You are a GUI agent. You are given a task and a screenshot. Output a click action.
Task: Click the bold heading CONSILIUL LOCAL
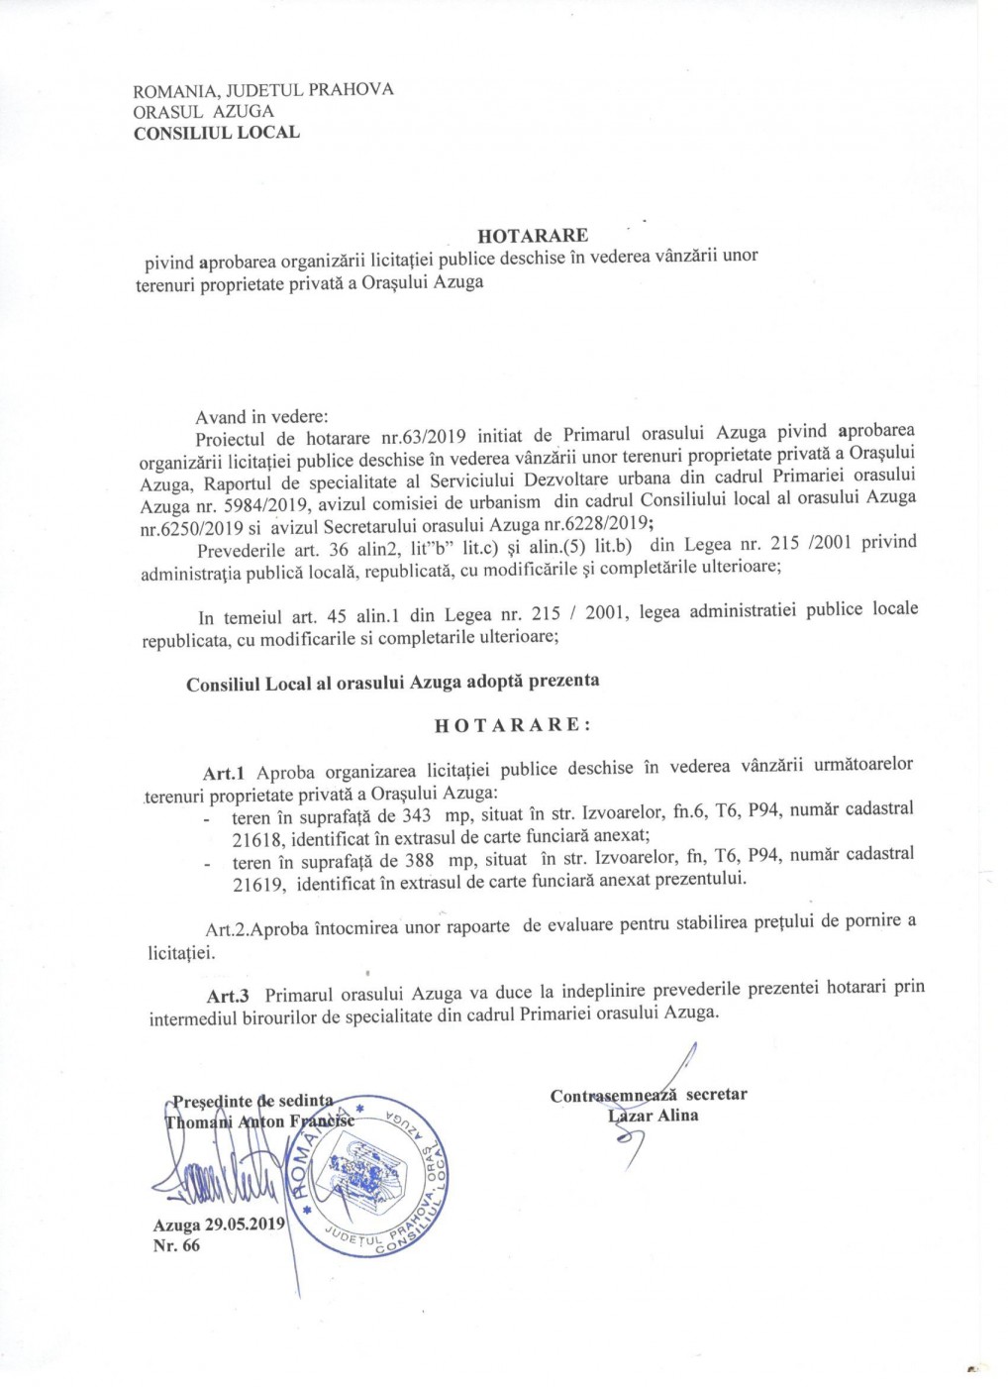tap(216, 133)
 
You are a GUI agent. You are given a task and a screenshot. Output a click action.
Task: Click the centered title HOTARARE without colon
tap(533, 235)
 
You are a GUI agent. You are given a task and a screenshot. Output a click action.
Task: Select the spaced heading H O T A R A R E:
tap(513, 725)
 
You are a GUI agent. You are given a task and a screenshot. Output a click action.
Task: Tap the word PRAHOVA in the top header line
tap(352, 89)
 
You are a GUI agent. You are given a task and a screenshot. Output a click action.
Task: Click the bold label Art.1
tap(224, 773)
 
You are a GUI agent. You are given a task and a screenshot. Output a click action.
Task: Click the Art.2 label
tap(226, 929)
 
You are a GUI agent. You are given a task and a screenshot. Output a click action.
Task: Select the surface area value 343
tap(416, 815)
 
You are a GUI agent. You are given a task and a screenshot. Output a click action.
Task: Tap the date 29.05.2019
tap(245, 1225)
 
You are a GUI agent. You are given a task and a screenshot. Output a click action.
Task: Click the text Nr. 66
tap(176, 1245)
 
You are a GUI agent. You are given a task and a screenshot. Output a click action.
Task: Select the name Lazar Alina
tap(654, 1116)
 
